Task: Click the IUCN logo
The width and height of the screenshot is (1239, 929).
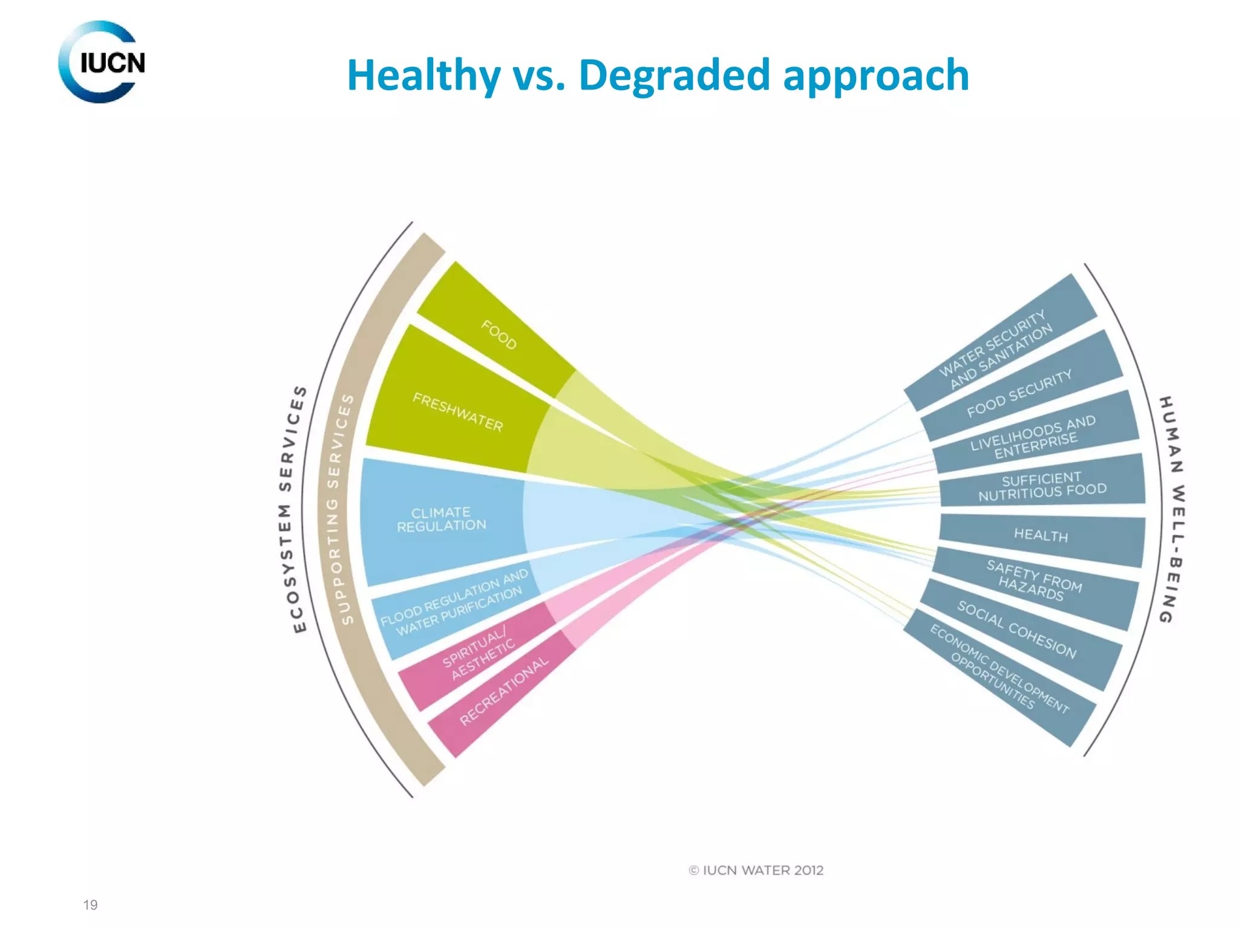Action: (x=102, y=62)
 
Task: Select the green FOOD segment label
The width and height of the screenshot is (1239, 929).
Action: (x=499, y=334)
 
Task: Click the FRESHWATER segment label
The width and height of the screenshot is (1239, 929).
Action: (x=457, y=412)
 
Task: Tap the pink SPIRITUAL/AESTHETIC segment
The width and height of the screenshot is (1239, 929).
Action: (x=478, y=653)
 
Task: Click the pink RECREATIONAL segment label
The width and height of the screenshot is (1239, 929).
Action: (x=503, y=691)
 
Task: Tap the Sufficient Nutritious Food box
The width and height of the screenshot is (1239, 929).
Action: (x=1042, y=486)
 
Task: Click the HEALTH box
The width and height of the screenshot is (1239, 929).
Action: (x=1041, y=535)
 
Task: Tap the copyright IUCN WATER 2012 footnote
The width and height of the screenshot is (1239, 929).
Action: (x=756, y=870)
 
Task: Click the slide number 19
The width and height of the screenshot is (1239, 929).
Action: (x=90, y=905)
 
